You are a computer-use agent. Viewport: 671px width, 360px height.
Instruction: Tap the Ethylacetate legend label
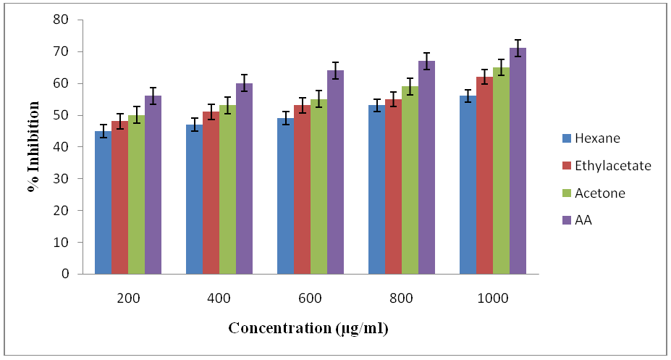click(613, 165)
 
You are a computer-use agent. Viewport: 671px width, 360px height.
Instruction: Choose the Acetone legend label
click(599, 193)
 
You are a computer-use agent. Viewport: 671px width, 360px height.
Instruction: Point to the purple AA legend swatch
click(566, 220)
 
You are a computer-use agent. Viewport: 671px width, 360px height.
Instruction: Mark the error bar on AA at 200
click(153, 95)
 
